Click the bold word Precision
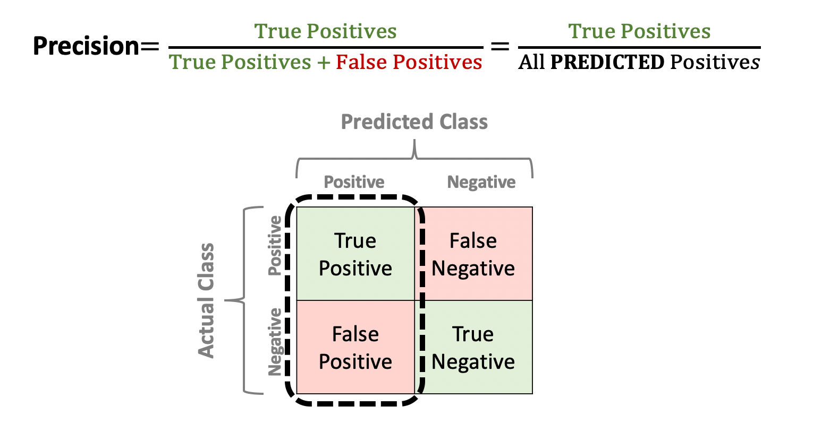coord(86,46)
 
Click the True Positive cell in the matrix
coord(355,254)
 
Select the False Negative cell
coord(473,254)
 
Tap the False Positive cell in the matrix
coord(355,348)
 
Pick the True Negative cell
coord(473,348)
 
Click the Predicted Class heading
coord(414,122)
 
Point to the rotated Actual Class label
coord(206,300)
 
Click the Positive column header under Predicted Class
coord(354,182)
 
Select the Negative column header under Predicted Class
coord(481,182)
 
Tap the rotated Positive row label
coord(275,246)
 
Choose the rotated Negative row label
coord(275,342)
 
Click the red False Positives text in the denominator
coord(409,63)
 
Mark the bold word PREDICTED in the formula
coord(607,63)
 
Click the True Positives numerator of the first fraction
coord(325,32)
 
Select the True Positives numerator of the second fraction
coord(639,32)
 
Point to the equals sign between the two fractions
coord(500,47)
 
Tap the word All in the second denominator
coord(532,63)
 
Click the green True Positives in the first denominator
coord(240,63)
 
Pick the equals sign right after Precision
coord(150,47)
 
